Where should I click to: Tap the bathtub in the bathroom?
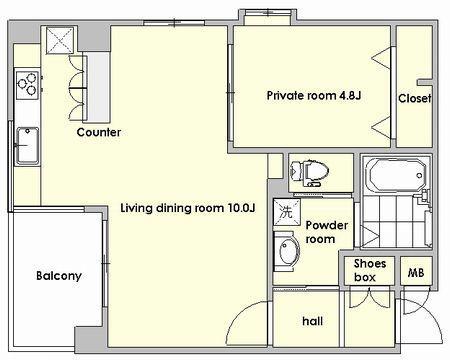pos(396,175)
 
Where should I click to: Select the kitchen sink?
pos(27,146)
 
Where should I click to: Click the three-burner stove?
pos(27,84)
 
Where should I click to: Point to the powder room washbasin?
pos(286,252)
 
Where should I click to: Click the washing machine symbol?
pos(286,212)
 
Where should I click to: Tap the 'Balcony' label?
pos(59,276)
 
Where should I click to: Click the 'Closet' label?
pos(415,98)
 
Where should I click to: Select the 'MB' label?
pos(416,273)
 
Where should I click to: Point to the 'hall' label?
pos(312,321)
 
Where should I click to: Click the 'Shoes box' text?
pos(369,270)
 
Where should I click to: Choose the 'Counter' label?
pos(99,132)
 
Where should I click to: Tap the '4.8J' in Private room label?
pos(350,96)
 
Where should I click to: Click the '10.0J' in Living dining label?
pos(242,208)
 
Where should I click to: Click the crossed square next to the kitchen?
pos(59,40)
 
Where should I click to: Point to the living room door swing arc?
pos(239,313)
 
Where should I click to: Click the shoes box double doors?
pos(369,298)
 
